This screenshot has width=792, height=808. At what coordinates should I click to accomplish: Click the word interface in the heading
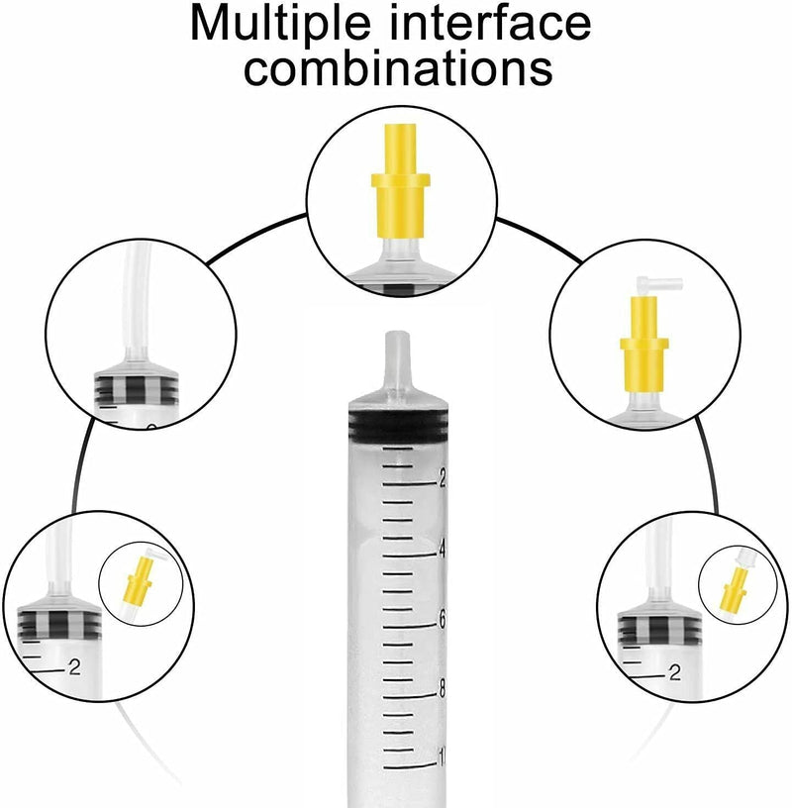tap(490, 23)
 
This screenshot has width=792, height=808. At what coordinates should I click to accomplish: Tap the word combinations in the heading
tap(398, 67)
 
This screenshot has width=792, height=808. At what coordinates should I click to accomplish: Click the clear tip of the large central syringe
tap(398, 360)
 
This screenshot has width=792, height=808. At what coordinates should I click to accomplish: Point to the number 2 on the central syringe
tap(442, 479)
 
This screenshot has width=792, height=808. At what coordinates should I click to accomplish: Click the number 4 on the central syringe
tap(442, 551)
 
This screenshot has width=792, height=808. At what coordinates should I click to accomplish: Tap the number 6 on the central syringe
tap(442, 621)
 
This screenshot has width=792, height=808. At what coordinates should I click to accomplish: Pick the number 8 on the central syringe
tap(442, 690)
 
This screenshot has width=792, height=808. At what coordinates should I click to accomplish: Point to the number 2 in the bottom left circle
tap(75, 667)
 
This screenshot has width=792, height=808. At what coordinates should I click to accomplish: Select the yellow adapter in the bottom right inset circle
tap(735, 587)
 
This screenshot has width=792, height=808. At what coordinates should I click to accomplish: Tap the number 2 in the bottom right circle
tap(674, 672)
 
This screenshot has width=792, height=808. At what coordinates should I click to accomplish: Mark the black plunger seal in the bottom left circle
tap(58, 624)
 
